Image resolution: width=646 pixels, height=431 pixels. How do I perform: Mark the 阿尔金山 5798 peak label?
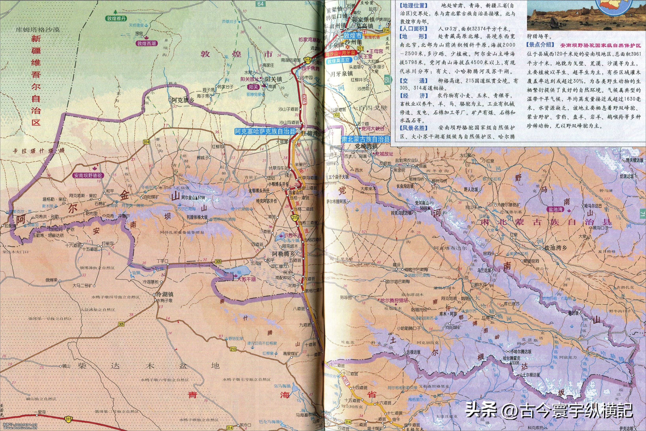(193, 197)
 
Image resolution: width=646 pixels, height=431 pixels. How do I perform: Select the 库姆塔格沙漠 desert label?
(37, 30)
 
